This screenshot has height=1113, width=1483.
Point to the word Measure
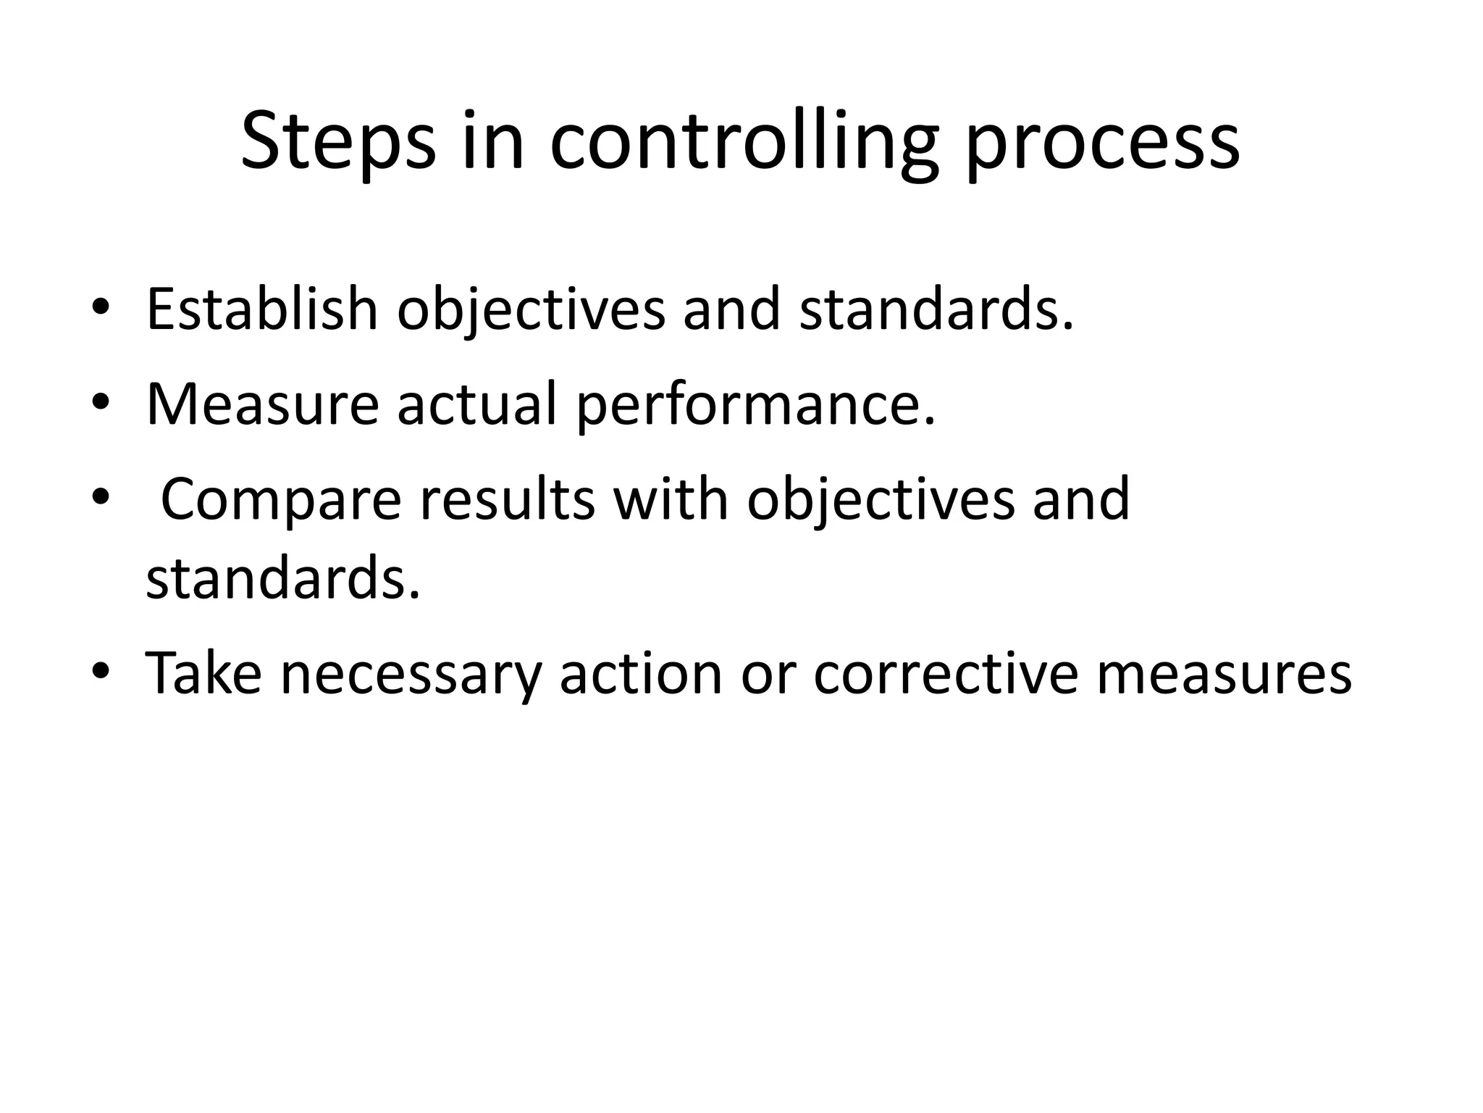pyautogui.click(x=262, y=404)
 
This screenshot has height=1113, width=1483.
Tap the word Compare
pyautogui.click(x=281, y=500)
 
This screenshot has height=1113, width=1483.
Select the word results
pyautogui.click(x=507, y=500)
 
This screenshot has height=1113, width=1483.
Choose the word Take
pyautogui.click(x=203, y=673)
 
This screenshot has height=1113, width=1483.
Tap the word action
pyautogui.click(x=641, y=673)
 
